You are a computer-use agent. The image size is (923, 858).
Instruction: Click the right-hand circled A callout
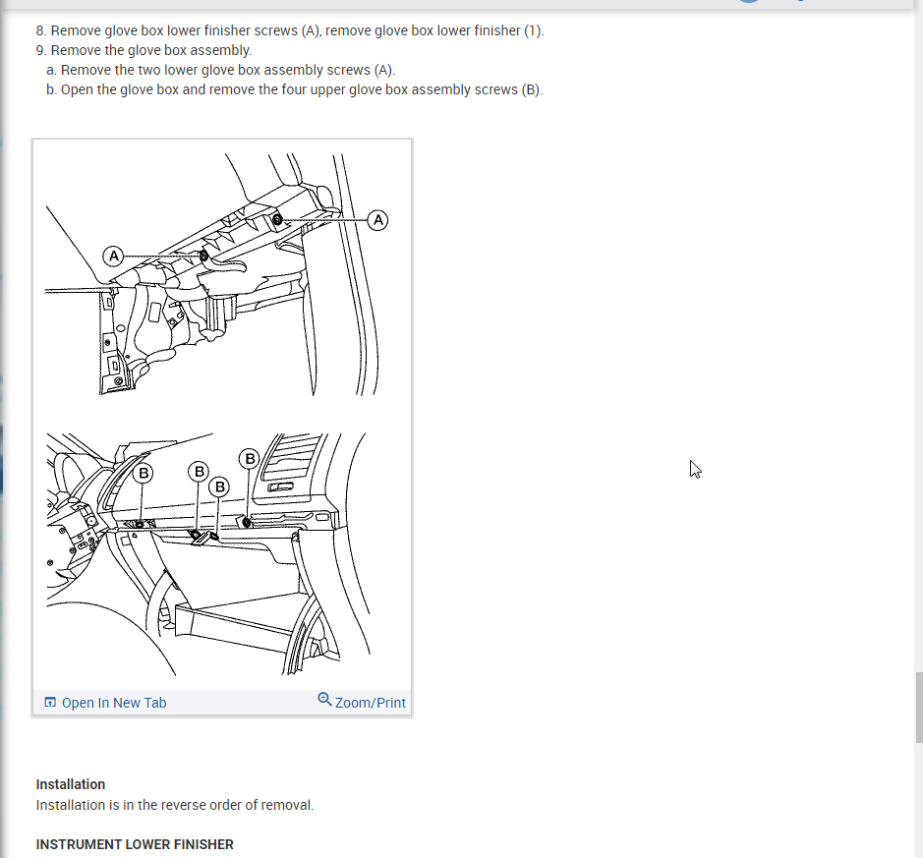(x=377, y=220)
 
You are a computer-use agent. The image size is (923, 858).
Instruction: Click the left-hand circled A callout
(x=114, y=256)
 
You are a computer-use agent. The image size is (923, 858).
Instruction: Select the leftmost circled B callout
(x=144, y=473)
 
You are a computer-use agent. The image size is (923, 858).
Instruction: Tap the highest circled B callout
(x=250, y=458)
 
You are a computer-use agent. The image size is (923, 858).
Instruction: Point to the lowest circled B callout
(x=219, y=486)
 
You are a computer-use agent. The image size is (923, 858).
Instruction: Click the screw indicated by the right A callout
(x=277, y=220)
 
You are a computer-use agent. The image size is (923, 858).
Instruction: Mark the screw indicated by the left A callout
(x=203, y=256)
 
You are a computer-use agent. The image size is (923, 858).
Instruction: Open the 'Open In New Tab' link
(x=114, y=703)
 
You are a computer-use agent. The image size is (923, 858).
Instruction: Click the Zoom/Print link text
(x=371, y=703)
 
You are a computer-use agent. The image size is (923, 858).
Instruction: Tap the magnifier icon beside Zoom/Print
(x=324, y=699)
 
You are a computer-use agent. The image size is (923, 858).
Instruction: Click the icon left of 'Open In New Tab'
(x=51, y=702)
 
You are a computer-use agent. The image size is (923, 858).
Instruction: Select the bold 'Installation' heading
(x=71, y=784)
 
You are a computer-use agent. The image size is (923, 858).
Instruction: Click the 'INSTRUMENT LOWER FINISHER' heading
(x=135, y=844)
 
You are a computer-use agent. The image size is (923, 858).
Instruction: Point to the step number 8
(x=40, y=30)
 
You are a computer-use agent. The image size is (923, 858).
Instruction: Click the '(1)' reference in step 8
(x=534, y=30)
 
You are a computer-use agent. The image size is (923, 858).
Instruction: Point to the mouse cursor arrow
(x=695, y=469)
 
